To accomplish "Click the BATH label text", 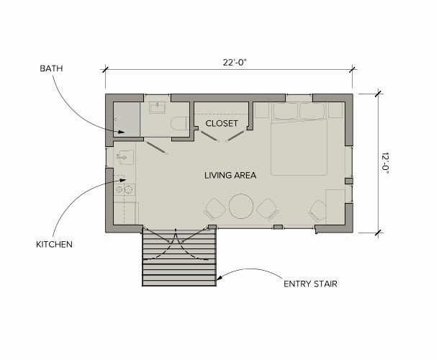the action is pyautogui.click(x=51, y=68).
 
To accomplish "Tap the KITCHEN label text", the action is pyautogui.click(x=54, y=244).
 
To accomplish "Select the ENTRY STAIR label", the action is pyautogui.click(x=310, y=284).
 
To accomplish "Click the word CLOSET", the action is pyautogui.click(x=222, y=123).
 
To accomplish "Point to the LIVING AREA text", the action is pyautogui.click(x=230, y=176).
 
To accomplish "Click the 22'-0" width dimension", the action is pyautogui.click(x=235, y=62).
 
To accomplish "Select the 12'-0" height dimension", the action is pyautogui.click(x=385, y=163).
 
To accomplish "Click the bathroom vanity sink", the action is pyautogui.click(x=158, y=107).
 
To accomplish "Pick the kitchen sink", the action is pyautogui.click(x=126, y=157).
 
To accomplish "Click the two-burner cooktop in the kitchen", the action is pyautogui.click(x=125, y=189).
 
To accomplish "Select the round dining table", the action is pyautogui.click(x=241, y=207).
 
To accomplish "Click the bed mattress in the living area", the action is pyautogui.click(x=299, y=147).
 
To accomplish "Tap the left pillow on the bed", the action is pyautogui.click(x=285, y=111).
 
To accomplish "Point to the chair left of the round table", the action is pyautogui.click(x=215, y=209).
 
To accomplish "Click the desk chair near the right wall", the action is pyautogui.click(x=317, y=211).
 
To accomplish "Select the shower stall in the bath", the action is pyautogui.click(x=127, y=120).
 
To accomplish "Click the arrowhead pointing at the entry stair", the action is pyautogui.click(x=219, y=278).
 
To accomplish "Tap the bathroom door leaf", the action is pyautogui.click(x=157, y=148).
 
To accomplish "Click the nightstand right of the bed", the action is pyautogui.click(x=335, y=110).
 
